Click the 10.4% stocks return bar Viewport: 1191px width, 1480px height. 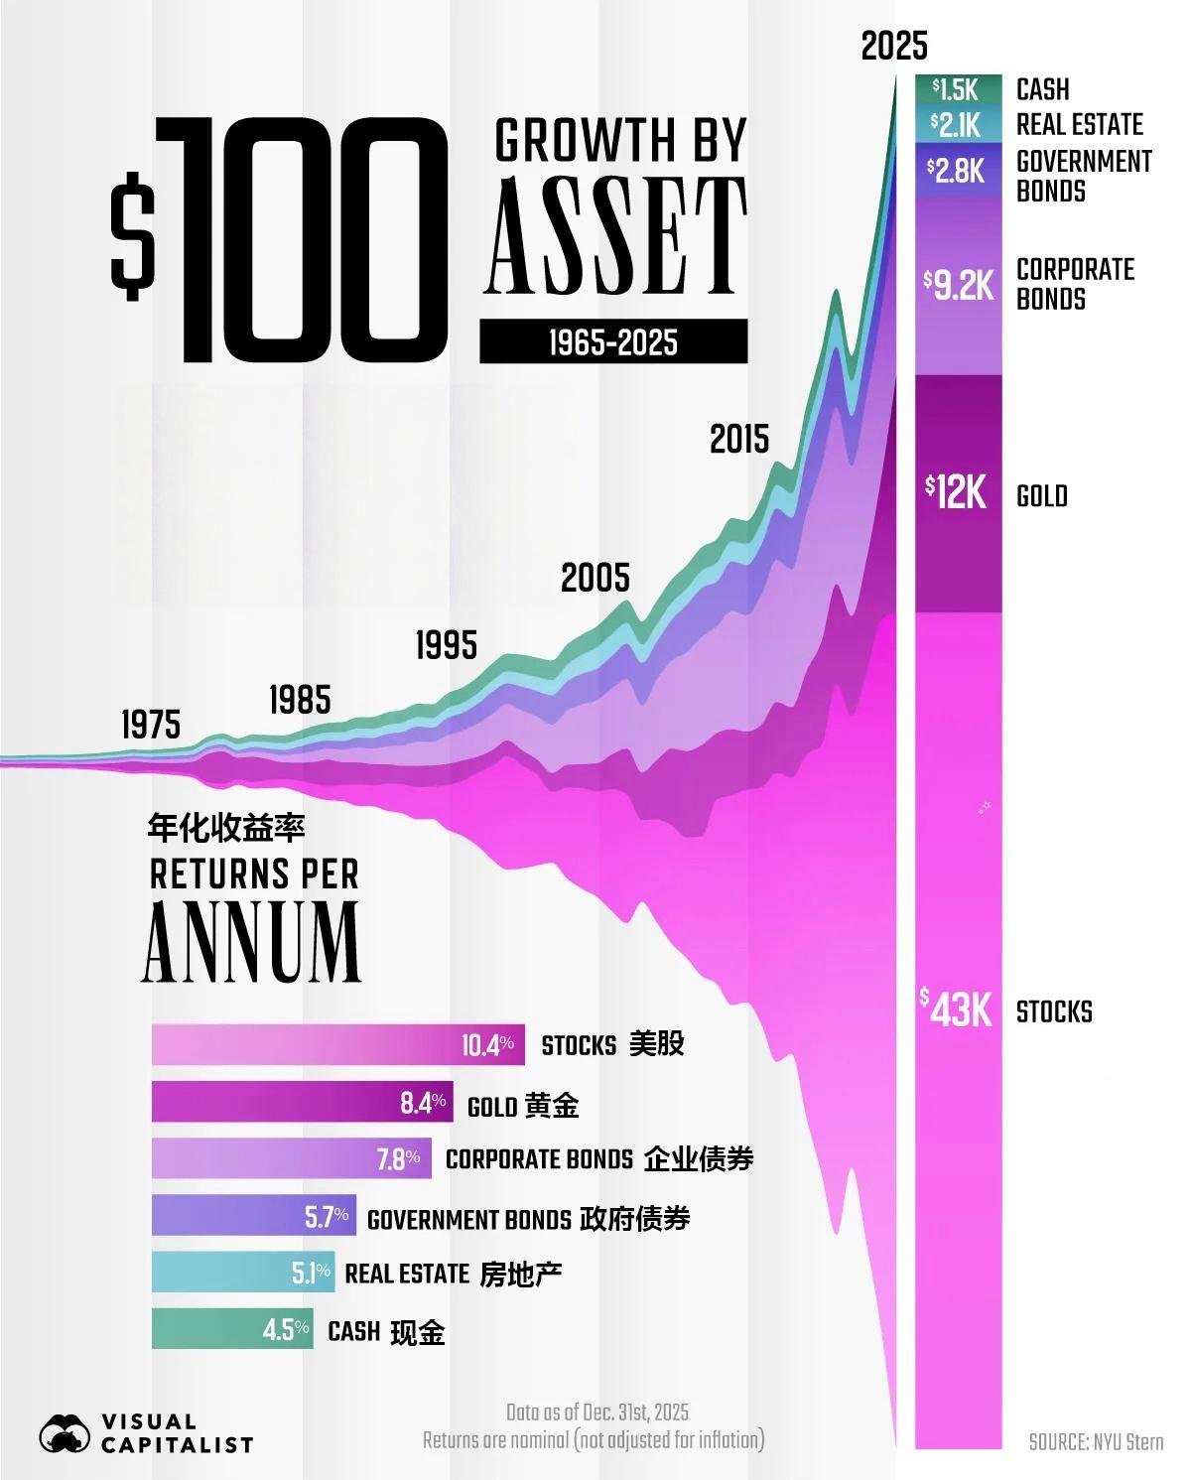pos(337,1044)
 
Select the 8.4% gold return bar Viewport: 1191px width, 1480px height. pos(302,1101)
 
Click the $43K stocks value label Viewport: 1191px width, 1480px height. pos(957,1009)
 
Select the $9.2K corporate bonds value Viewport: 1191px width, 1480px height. pos(959,285)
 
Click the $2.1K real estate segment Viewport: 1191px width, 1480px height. pos(958,125)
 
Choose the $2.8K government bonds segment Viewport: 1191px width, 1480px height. pos(958,170)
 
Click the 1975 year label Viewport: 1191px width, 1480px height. pos(151,725)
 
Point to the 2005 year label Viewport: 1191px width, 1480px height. pos(595,578)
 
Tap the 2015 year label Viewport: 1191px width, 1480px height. pos(739,439)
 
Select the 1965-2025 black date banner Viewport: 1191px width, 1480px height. pos(613,341)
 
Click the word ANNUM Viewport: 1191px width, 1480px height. pos(251,942)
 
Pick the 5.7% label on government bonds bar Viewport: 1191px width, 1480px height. pos(327,1217)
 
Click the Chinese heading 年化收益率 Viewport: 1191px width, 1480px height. pos(226,829)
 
